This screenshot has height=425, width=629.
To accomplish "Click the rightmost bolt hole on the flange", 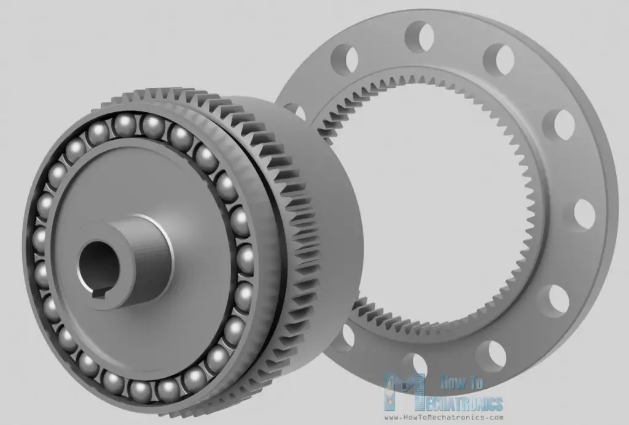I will (x=585, y=214).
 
